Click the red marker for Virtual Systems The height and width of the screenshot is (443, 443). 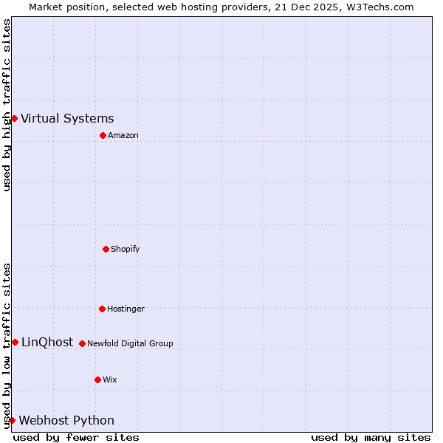coord(14,118)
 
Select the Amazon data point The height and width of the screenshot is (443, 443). coord(103,135)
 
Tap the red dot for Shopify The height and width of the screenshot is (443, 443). coord(106,249)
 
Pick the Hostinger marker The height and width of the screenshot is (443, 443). coord(102,309)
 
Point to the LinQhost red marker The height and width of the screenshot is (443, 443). coord(15,342)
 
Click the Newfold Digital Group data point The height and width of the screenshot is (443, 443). coord(82,343)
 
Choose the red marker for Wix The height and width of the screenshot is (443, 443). coord(97,380)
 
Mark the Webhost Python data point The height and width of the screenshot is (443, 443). coord(12,420)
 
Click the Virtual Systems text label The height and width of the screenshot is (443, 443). coord(67,118)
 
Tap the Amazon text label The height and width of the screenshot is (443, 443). coord(123,135)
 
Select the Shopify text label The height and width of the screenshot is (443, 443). coord(126,249)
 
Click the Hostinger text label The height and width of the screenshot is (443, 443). coord(126,309)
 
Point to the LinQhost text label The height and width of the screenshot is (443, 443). coord(47,342)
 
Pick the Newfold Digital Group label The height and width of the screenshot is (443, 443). coord(131,343)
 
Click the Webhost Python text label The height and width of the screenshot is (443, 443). coord(66,420)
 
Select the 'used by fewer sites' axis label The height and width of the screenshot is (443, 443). coord(76,437)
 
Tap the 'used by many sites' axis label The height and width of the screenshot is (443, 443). coord(371,437)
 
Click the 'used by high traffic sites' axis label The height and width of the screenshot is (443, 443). coord(7,105)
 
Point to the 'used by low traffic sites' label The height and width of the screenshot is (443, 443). coord(7,346)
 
